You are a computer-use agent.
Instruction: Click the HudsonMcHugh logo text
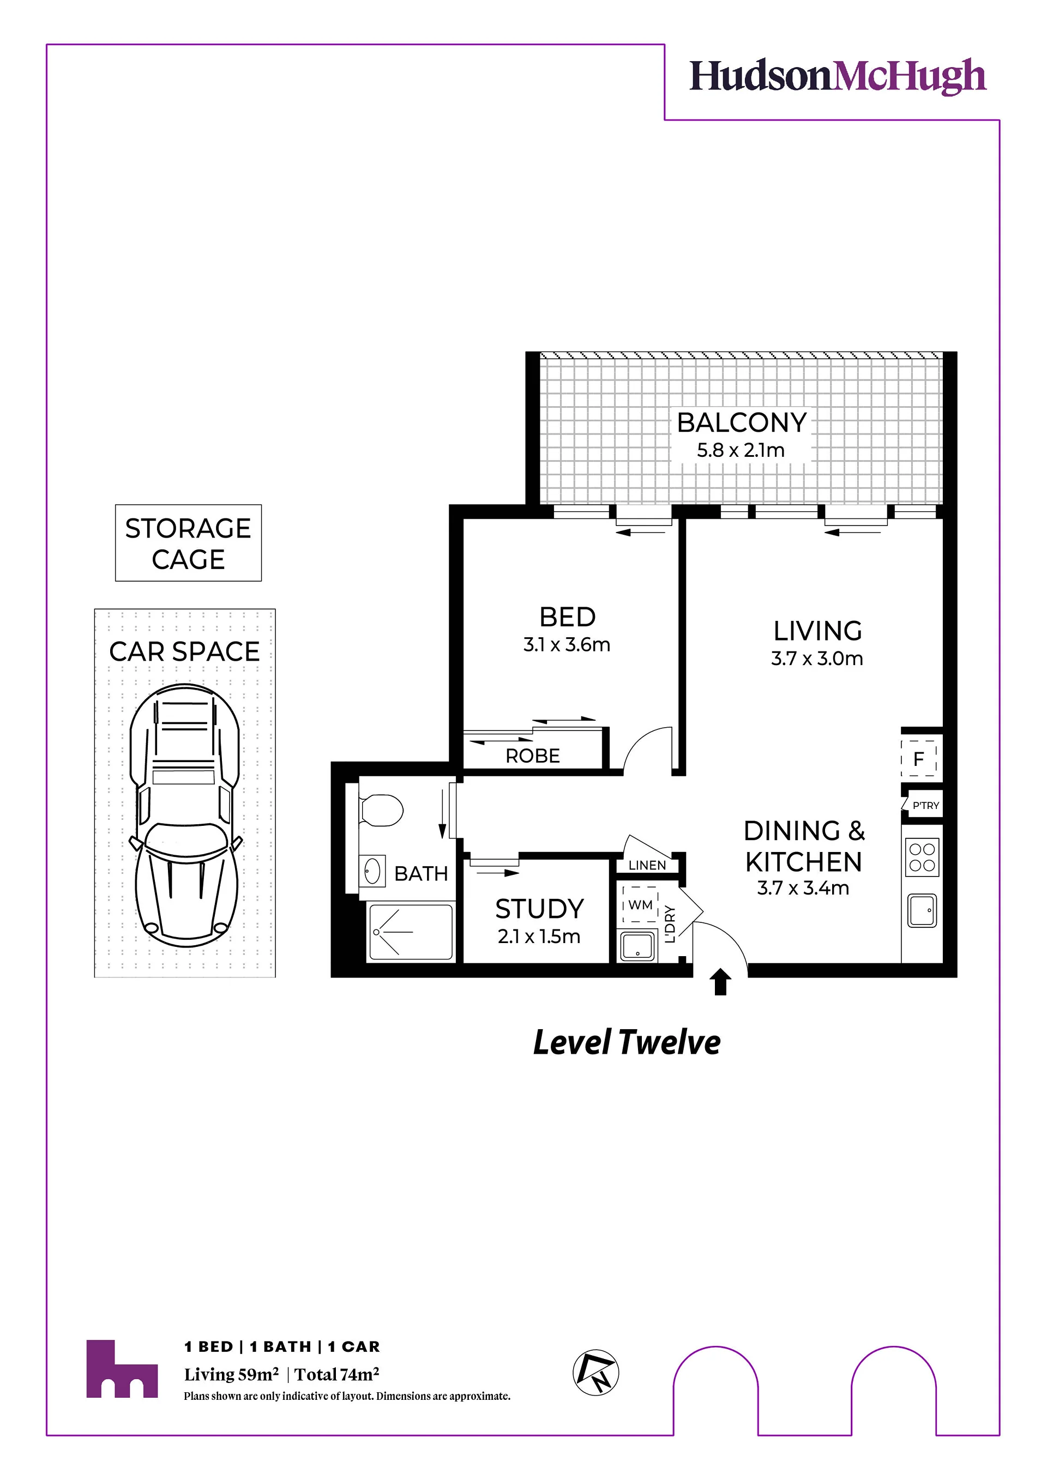pyautogui.click(x=838, y=77)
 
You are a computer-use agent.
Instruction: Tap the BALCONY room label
pyautogui.click(x=742, y=423)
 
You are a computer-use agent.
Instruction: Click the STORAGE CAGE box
pyautogui.click(x=188, y=543)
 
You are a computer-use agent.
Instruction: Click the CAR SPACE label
pyautogui.click(x=184, y=651)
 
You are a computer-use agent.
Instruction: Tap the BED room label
pyautogui.click(x=567, y=617)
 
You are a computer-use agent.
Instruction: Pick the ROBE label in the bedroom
pyautogui.click(x=533, y=756)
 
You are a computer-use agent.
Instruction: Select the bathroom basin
pyautogui.click(x=372, y=872)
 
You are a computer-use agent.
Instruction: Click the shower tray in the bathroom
pyautogui.click(x=410, y=932)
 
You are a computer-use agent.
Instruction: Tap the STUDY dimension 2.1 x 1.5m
pyautogui.click(x=539, y=936)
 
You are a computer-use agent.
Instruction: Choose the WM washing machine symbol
pyautogui.click(x=640, y=904)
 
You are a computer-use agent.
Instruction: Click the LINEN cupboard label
pyautogui.click(x=647, y=865)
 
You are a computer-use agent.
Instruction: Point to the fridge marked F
pyautogui.click(x=919, y=759)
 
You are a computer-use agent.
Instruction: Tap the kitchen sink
pyautogui.click(x=922, y=910)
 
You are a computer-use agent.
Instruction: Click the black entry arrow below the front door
pyautogui.click(x=721, y=982)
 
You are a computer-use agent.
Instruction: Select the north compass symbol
pyautogui.click(x=595, y=1373)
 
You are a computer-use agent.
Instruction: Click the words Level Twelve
pyautogui.click(x=627, y=1042)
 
